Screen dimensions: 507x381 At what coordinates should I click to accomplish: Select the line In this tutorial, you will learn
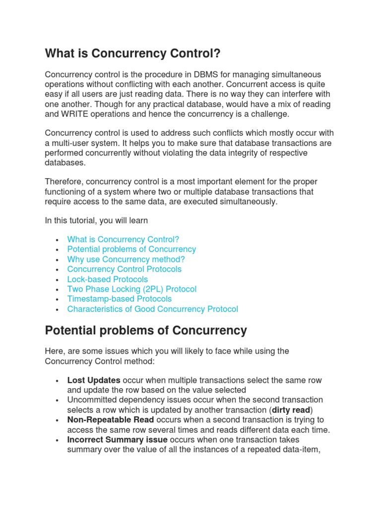click(x=96, y=220)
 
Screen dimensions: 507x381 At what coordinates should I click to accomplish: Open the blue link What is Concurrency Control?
click(x=123, y=240)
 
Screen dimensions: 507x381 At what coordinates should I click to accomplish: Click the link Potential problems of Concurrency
click(x=131, y=250)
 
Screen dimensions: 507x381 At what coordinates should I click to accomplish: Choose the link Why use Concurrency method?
click(x=126, y=259)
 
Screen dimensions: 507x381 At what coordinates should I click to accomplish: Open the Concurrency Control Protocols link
click(x=125, y=269)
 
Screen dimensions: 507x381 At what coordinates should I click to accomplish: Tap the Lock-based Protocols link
click(x=108, y=279)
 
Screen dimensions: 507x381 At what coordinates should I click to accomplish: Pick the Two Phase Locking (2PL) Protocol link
click(x=132, y=289)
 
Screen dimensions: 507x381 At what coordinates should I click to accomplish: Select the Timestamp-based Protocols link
click(x=120, y=299)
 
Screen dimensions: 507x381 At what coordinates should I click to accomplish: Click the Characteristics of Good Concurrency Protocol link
click(x=153, y=309)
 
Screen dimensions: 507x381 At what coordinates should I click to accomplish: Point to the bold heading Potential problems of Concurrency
click(x=146, y=330)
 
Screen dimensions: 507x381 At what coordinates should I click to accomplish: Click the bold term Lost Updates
click(x=94, y=380)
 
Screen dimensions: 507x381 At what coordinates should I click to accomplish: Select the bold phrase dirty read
click(x=291, y=410)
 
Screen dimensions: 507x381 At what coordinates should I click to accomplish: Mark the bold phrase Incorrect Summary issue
click(x=118, y=440)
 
